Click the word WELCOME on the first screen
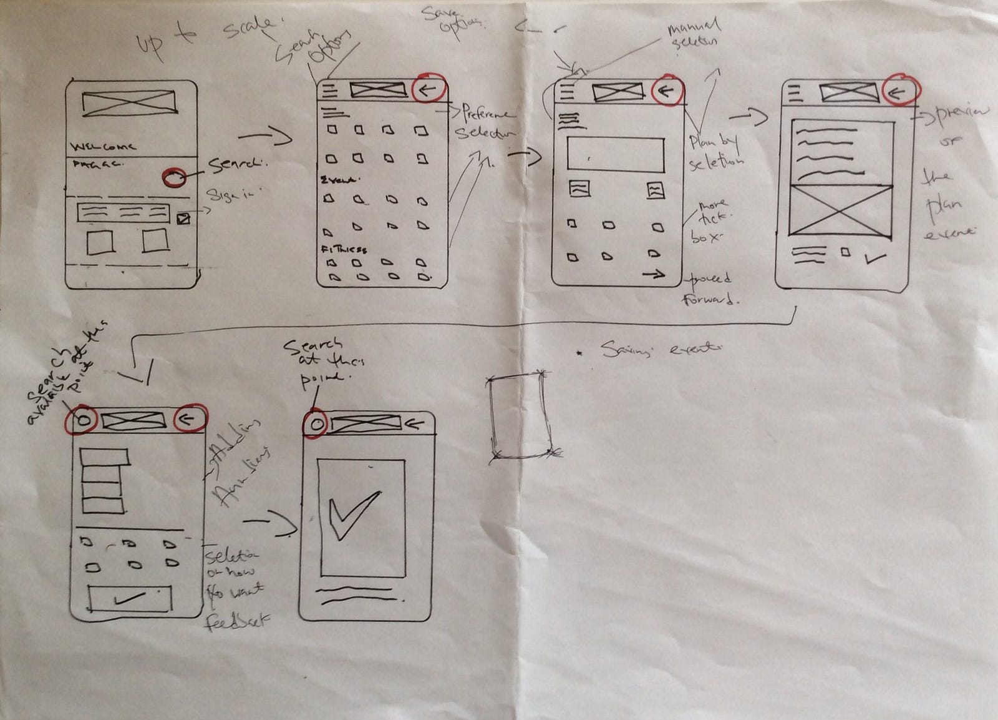pos(103,147)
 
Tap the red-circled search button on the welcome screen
pos(174,177)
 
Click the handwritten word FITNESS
pos(344,249)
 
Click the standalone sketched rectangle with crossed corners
pos(520,415)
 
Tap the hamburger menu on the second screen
pos(329,91)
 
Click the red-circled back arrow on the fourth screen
pos(899,92)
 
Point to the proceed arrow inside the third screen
pos(653,274)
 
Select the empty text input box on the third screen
pos(615,154)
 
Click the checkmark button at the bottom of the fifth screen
pos(130,599)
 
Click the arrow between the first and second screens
pos(265,136)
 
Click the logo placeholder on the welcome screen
pos(129,104)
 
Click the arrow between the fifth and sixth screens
pos(271,522)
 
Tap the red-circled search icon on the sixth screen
pos(316,425)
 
